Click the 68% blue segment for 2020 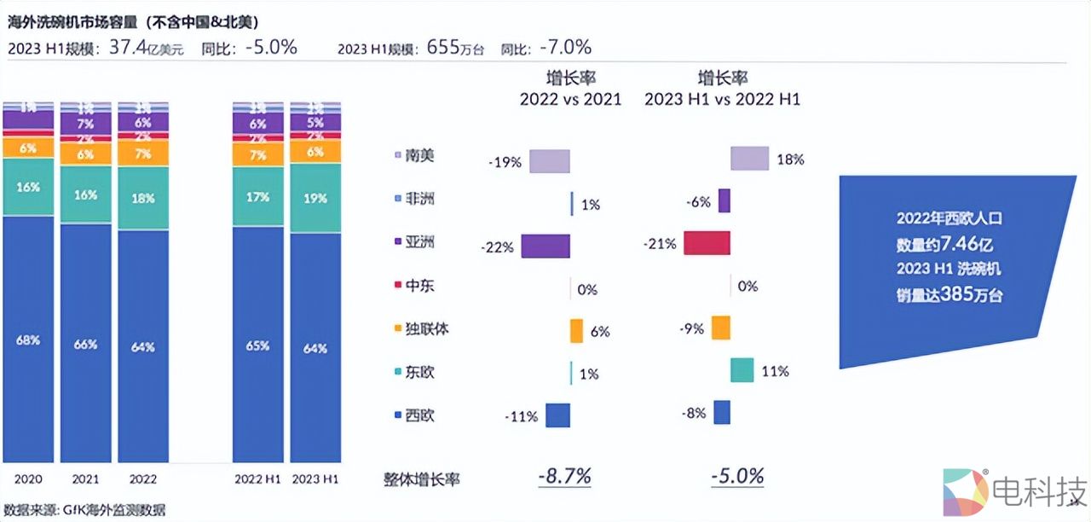pos(27,339)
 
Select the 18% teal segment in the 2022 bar pos(143,198)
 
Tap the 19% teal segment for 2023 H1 pos(315,198)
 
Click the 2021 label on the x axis pos(85,479)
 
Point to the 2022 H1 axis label pos(257,479)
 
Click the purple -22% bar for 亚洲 pos(545,246)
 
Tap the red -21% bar pos(707,242)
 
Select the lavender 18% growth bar pos(749,158)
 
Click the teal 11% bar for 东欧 pos(742,370)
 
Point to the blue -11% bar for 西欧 pos(557,415)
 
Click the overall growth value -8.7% pos(564,476)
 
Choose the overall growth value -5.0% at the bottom pos(737,476)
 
